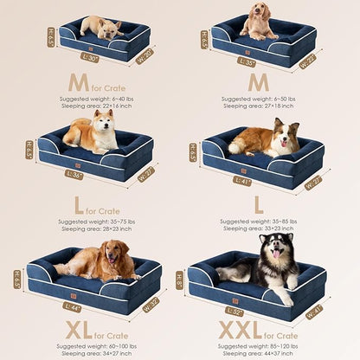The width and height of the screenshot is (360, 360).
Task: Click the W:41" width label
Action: [x=313, y=309]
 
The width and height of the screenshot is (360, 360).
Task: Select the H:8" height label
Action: [x=180, y=280]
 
